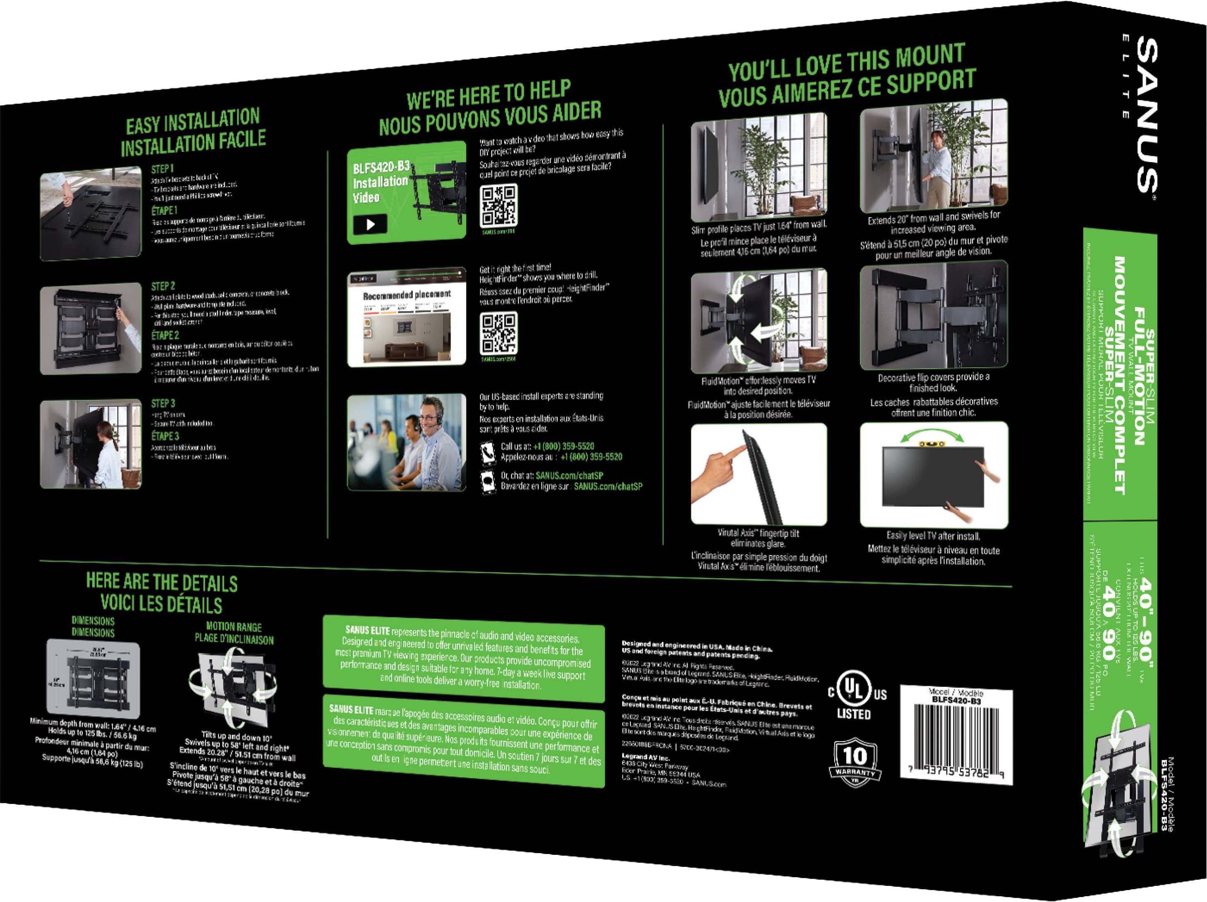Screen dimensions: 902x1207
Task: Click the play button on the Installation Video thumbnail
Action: (x=370, y=224)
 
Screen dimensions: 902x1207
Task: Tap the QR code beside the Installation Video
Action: (x=498, y=206)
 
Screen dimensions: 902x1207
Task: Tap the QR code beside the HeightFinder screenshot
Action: (x=498, y=333)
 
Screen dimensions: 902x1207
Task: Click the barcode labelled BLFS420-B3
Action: (x=956, y=739)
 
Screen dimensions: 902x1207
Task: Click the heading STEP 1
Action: (x=162, y=169)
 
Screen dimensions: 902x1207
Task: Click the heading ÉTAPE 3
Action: (x=165, y=436)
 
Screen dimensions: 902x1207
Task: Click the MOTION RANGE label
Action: (x=234, y=627)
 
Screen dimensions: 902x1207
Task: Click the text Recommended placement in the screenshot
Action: (x=407, y=295)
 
